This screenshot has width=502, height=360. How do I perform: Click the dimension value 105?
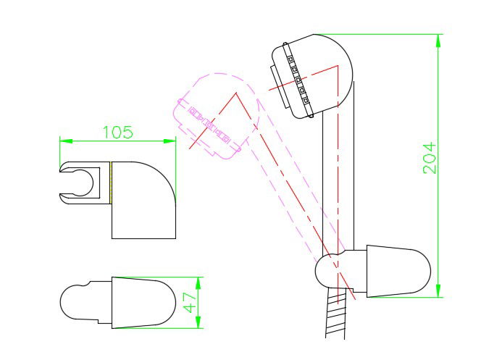[117, 132]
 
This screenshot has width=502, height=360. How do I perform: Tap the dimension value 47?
[191, 301]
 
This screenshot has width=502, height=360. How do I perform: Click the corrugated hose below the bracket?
[335, 316]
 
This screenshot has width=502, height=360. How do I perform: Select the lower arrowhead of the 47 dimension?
[201, 324]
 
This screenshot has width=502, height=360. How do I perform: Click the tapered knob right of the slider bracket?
[398, 271]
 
